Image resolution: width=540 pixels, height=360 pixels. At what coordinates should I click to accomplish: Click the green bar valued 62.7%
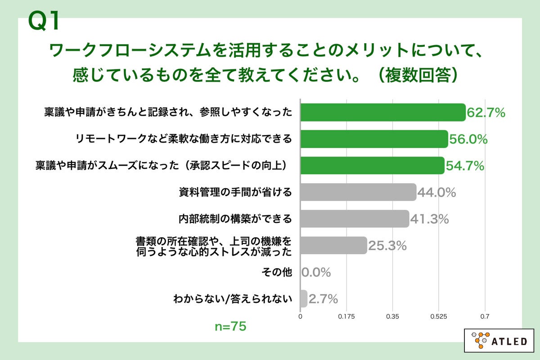click(x=382, y=112)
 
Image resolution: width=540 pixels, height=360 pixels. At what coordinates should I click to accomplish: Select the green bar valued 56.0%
click(x=374, y=139)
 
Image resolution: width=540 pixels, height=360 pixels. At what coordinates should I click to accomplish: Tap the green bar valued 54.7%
click(x=372, y=166)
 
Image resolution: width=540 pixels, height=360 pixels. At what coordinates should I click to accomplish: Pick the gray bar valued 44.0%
click(x=358, y=192)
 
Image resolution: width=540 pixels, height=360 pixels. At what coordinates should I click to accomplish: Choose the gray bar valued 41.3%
click(x=355, y=219)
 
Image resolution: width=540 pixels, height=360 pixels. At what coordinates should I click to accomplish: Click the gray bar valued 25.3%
click(x=333, y=245)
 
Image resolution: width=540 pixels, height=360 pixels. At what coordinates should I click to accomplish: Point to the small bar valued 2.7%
click(x=303, y=298)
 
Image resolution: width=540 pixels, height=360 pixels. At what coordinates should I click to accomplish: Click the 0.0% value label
click(x=316, y=272)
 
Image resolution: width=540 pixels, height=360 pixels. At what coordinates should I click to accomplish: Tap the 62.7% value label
click(x=486, y=113)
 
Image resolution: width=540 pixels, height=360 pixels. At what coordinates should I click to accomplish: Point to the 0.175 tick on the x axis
click(x=346, y=316)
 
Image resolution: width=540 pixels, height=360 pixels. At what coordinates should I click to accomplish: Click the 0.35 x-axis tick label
click(x=393, y=316)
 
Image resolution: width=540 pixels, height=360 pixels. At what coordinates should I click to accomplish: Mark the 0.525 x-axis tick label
click(x=439, y=316)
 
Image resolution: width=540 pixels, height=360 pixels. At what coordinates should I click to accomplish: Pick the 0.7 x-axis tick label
click(x=485, y=316)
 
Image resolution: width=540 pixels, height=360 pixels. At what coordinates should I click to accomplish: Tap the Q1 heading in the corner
click(x=44, y=21)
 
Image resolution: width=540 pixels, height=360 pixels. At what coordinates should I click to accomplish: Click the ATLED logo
click(x=499, y=341)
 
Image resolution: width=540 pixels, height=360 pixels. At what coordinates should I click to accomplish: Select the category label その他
click(x=276, y=272)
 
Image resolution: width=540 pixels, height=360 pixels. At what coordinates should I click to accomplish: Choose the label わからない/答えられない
click(x=233, y=298)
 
